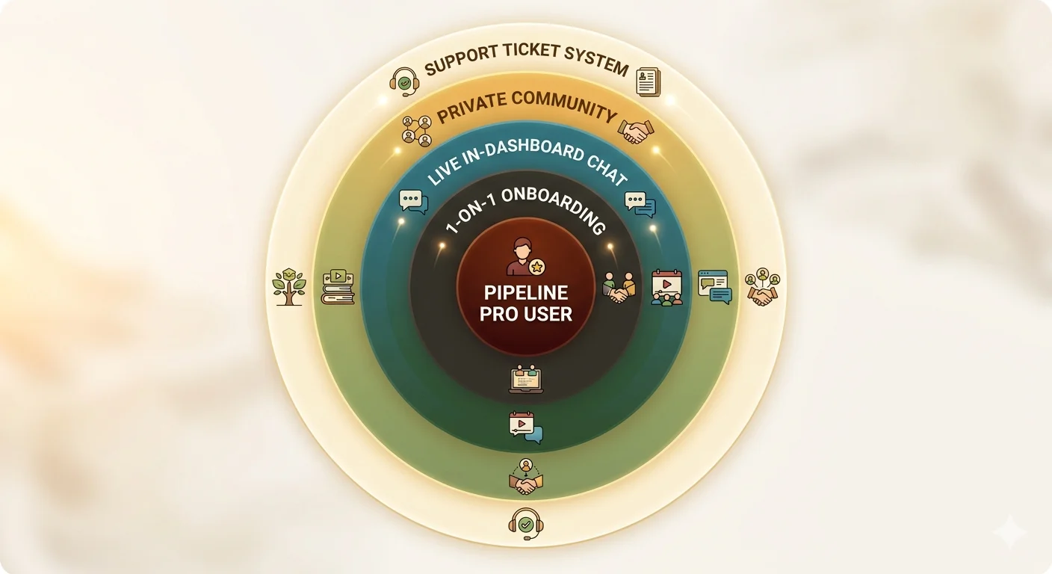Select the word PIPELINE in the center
525,292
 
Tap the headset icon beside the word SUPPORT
404,81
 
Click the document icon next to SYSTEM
649,81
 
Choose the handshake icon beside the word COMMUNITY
636,132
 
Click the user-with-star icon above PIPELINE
526,256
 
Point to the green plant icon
289,287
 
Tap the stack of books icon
338,287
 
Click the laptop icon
526,380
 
